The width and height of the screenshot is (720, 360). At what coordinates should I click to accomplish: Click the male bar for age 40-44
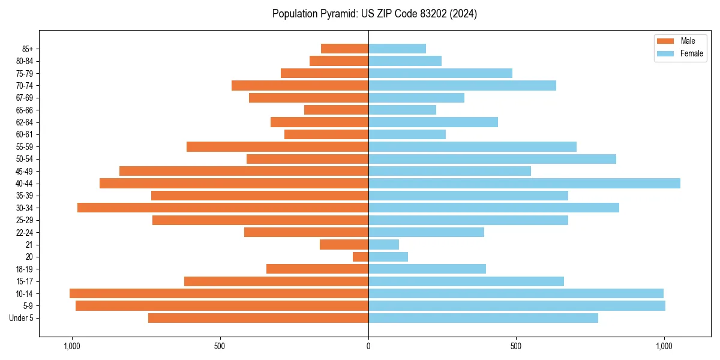[234, 183]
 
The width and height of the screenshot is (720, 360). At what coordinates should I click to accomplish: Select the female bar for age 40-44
[524, 183]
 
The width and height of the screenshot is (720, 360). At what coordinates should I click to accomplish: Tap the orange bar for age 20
[361, 257]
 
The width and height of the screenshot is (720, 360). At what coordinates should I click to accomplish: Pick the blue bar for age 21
[383, 244]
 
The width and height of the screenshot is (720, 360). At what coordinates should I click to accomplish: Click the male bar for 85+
[344, 49]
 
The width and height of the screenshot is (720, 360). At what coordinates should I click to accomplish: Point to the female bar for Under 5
[483, 318]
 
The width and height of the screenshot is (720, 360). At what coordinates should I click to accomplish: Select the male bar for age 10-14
[219, 293]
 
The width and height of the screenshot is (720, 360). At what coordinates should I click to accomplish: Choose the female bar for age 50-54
[492, 159]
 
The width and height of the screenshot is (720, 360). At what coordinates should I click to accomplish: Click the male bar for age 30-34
[223, 208]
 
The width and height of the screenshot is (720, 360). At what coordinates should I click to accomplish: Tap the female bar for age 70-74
[462, 85]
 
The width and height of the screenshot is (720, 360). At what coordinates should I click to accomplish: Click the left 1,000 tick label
[72, 347]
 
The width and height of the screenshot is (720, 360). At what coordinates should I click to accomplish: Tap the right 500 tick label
[516, 347]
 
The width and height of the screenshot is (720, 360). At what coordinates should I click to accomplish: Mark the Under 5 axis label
[22, 318]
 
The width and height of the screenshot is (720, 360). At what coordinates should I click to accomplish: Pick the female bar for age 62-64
[433, 122]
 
